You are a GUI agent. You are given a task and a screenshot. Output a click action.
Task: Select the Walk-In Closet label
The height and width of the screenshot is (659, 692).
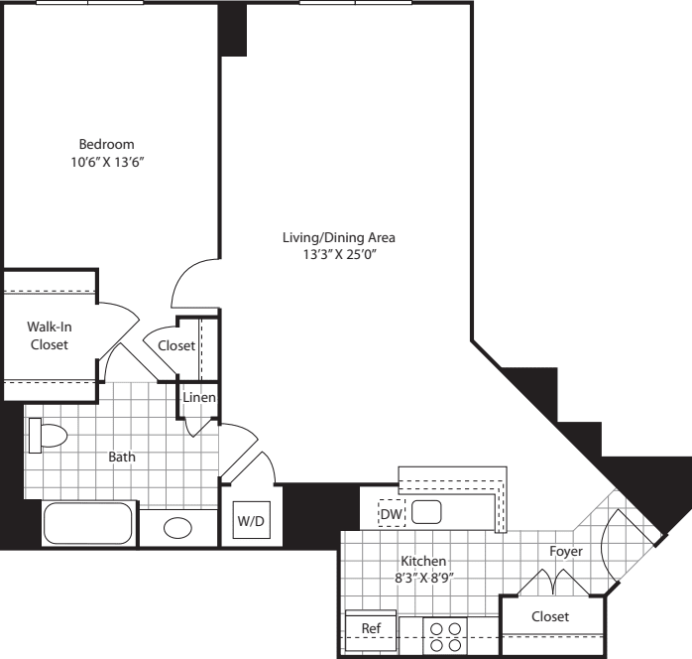(48, 335)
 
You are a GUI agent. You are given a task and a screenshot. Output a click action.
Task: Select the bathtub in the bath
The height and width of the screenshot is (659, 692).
(88, 523)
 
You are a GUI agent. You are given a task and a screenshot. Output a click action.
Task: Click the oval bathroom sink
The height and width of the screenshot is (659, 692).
(178, 527)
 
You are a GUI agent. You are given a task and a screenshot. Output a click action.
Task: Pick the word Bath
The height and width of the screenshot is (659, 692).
(122, 458)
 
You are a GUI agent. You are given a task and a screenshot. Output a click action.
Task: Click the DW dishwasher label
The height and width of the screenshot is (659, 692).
(390, 513)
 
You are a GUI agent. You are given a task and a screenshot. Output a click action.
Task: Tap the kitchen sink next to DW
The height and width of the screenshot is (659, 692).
(427, 512)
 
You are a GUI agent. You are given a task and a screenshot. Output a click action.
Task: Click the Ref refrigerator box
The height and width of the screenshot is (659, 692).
(371, 628)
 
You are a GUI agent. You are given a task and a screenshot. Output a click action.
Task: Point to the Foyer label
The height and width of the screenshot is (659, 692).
(566, 551)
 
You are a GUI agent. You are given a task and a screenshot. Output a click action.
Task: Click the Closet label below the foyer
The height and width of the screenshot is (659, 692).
(550, 616)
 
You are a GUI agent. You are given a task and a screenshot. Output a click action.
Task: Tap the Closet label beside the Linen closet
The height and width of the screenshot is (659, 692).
(176, 345)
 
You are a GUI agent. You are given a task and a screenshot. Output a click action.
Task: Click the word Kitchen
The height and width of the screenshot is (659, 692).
(422, 561)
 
